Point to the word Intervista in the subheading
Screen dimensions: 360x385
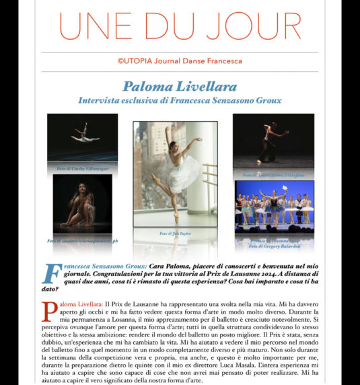[102, 100]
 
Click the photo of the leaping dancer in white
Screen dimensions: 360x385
[82, 137]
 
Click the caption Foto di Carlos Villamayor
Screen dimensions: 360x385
[82, 164]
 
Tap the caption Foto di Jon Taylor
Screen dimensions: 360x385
[174, 233]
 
